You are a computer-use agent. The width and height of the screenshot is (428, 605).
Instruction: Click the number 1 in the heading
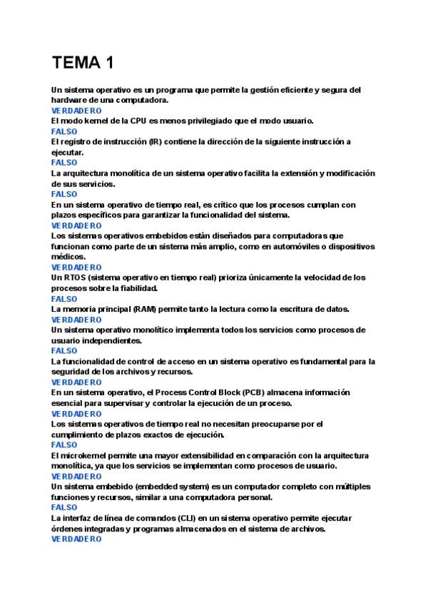(x=108, y=63)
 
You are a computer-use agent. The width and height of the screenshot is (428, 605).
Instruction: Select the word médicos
(x=68, y=257)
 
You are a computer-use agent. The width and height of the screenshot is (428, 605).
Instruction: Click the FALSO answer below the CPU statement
(x=65, y=132)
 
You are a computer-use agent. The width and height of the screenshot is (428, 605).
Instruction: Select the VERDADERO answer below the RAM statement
(x=76, y=320)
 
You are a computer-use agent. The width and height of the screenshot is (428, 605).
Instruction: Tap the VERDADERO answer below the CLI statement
(x=76, y=539)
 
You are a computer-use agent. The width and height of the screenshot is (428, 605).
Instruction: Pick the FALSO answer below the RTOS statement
(x=65, y=299)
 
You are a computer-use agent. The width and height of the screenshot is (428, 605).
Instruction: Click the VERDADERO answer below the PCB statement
(x=76, y=414)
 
